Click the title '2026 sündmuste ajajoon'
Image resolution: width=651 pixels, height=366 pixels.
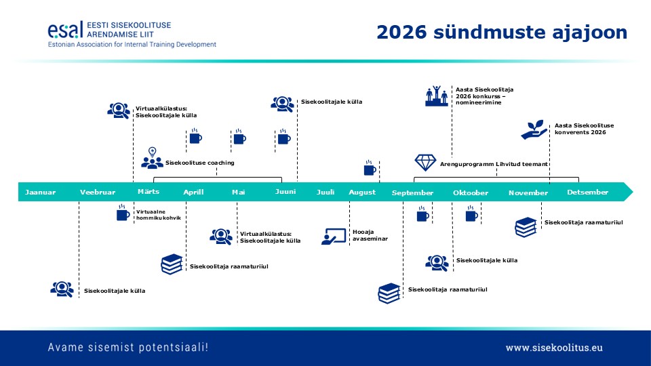point(502,32)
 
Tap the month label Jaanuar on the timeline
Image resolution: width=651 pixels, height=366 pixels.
point(41,192)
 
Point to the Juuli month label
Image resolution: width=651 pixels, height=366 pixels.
point(325,192)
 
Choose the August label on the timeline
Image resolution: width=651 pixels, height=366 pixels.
point(362,192)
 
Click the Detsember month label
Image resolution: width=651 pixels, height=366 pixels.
point(587,192)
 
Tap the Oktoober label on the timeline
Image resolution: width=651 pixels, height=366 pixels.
point(471,193)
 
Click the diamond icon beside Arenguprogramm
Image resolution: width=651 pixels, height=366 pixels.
point(425,163)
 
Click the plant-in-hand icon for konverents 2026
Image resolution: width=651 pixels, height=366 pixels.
point(534,129)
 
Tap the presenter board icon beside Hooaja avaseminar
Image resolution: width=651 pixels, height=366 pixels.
point(334,236)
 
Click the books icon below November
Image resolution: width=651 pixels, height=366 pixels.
point(526,226)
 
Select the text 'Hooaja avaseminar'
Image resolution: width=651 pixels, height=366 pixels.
point(367,236)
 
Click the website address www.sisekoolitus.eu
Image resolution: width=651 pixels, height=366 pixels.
point(553,347)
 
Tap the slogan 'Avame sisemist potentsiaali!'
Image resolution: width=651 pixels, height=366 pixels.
point(128,347)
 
